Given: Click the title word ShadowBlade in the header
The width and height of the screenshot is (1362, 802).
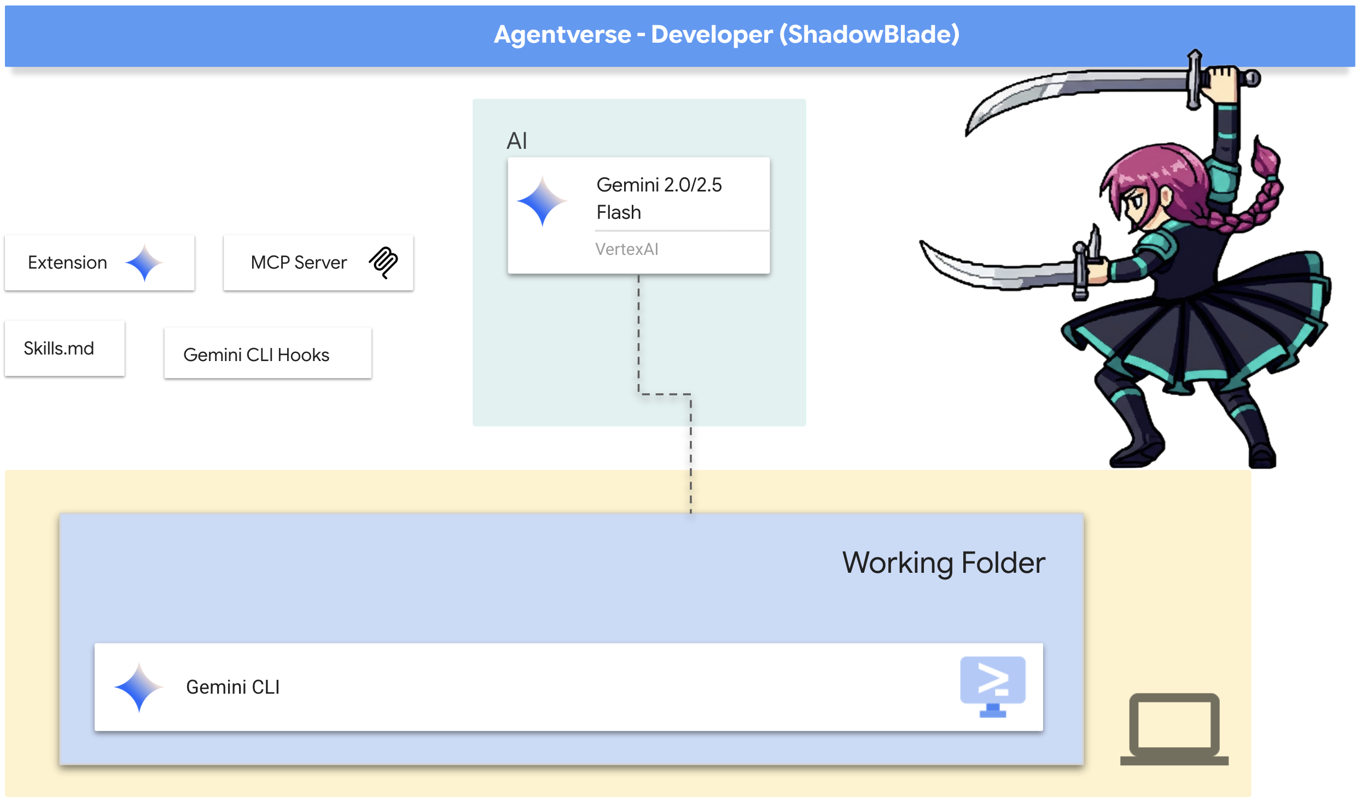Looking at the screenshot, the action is click(x=869, y=34).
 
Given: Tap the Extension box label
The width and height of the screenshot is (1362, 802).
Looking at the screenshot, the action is click(x=67, y=263).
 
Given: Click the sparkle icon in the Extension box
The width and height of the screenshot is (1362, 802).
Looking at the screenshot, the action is click(x=144, y=263).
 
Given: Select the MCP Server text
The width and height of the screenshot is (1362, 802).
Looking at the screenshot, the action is click(x=299, y=263).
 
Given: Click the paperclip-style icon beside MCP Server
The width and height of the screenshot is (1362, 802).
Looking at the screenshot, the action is click(x=383, y=263).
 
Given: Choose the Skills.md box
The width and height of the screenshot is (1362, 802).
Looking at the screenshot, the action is click(x=65, y=348).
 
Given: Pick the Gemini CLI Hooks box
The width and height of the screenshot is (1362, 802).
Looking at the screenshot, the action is click(x=267, y=353).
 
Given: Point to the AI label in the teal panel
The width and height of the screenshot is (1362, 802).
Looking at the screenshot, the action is click(x=516, y=141).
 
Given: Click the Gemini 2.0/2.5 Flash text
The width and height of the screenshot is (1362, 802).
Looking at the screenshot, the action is click(x=659, y=198).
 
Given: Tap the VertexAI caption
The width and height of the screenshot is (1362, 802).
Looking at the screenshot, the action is click(x=627, y=249).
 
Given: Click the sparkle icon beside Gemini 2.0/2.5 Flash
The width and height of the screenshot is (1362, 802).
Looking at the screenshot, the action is click(x=543, y=201).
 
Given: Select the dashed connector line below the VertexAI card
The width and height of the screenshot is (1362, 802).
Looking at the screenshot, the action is click(x=665, y=394).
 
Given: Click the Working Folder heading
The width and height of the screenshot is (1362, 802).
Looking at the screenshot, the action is click(x=944, y=563).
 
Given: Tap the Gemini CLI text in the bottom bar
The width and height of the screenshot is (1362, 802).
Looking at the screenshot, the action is click(x=233, y=687).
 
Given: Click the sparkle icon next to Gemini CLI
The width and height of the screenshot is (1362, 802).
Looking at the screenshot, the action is click(x=139, y=687).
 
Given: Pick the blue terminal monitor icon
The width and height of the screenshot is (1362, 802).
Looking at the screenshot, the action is click(x=993, y=687).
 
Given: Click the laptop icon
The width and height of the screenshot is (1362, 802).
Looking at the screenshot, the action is click(x=1174, y=729).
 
